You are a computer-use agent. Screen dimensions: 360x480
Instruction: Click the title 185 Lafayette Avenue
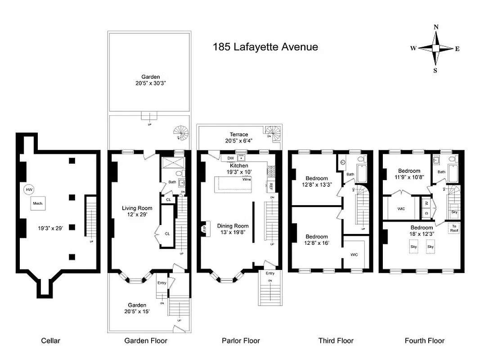(x=265, y=47)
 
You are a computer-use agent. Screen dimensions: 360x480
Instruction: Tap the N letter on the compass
(x=435, y=27)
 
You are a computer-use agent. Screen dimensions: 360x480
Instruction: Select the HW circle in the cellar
(x=29, y=189)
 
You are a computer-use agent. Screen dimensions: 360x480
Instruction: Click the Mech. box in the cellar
(x=37, y=204)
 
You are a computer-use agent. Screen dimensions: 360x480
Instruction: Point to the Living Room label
(x=137, y=208)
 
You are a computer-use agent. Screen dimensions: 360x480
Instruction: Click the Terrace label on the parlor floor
(x=239, y=134)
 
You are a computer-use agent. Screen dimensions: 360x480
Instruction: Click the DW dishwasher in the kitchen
(x=230, y=158)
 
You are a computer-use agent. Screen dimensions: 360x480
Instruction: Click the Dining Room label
(x=233, y=226)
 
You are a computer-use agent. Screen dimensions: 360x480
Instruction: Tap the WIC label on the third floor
(x=354, y=254)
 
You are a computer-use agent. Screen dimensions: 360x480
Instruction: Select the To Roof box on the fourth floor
(x=454, y=228)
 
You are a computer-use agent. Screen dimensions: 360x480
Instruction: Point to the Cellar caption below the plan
(x=50, y=341)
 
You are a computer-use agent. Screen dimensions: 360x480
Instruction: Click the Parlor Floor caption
(x=241, y=341)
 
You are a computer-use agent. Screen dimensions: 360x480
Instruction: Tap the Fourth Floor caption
(x=424, y=341)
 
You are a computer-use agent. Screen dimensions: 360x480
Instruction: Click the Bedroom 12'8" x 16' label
(x=317, y=240)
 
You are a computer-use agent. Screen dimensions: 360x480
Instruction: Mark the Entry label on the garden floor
(x=161, y=283)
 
